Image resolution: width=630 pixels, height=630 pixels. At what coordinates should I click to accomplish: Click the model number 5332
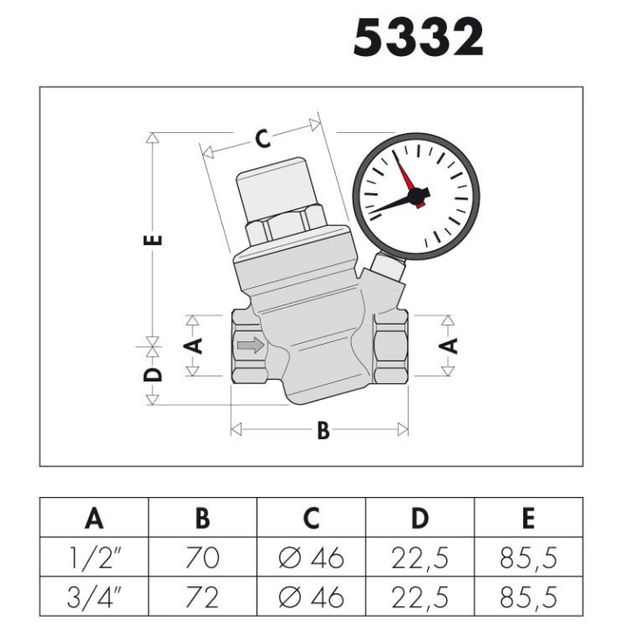[x=418, y=38]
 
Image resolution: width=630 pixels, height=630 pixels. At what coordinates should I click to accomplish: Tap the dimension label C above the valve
[x=262, y=139]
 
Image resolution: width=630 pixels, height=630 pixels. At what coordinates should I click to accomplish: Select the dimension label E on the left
[x=153, y=240]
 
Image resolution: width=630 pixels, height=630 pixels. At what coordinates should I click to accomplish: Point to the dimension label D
[x=153, y=374]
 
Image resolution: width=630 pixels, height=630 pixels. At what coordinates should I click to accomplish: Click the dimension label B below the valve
[x=323, y=430]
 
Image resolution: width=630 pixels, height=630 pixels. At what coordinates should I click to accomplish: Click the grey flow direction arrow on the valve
[x=251, y=345]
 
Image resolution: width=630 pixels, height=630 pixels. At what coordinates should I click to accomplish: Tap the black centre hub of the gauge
[x=418, y=196]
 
